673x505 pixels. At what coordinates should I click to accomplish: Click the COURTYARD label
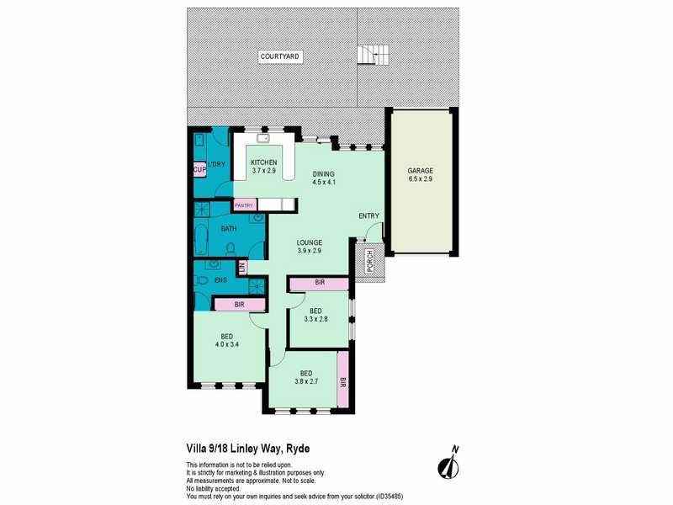[280, 56]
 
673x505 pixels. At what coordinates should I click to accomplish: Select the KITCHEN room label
[264, 162]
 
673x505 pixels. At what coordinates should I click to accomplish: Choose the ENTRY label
[369, 216]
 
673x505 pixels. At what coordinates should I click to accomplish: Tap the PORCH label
[369, 263]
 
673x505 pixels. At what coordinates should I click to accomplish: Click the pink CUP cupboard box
[199, 170]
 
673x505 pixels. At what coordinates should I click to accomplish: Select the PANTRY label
[245, 205]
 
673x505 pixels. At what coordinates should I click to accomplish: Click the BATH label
[228, 228]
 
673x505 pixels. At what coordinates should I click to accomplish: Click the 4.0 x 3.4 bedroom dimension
[227, 344]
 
